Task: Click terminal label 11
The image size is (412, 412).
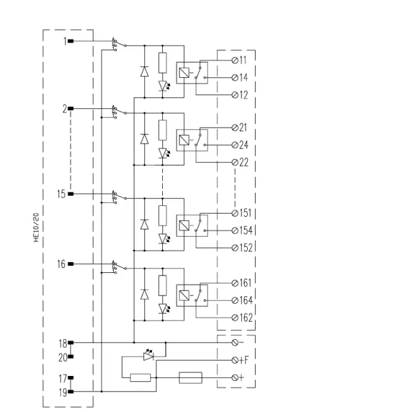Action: [243, 60]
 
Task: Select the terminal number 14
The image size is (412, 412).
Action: [243, 77]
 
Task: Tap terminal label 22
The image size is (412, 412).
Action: [243, 162]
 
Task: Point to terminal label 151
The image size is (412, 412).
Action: [245, 213]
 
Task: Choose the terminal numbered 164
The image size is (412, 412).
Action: [246, 301]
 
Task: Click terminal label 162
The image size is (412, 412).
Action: [246, 317]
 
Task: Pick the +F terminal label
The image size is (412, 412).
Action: [243, 360]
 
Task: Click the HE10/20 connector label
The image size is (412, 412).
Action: [36, 227]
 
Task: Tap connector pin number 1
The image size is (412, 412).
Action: [65, 41]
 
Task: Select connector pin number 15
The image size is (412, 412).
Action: [61, 194]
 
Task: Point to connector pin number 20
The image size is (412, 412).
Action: [63, 358]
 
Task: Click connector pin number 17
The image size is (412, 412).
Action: [63, 379]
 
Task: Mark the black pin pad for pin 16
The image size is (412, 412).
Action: [71, 264]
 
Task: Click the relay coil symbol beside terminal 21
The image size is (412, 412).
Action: [184, 140]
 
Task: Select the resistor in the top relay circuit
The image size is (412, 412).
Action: [162, 63]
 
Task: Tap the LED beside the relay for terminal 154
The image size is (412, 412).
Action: [164, 239]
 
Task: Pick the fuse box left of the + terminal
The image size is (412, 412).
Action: [191, 378]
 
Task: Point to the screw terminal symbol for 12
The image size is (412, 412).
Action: [235, 95]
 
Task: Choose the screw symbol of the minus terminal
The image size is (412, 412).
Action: [235, 342]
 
